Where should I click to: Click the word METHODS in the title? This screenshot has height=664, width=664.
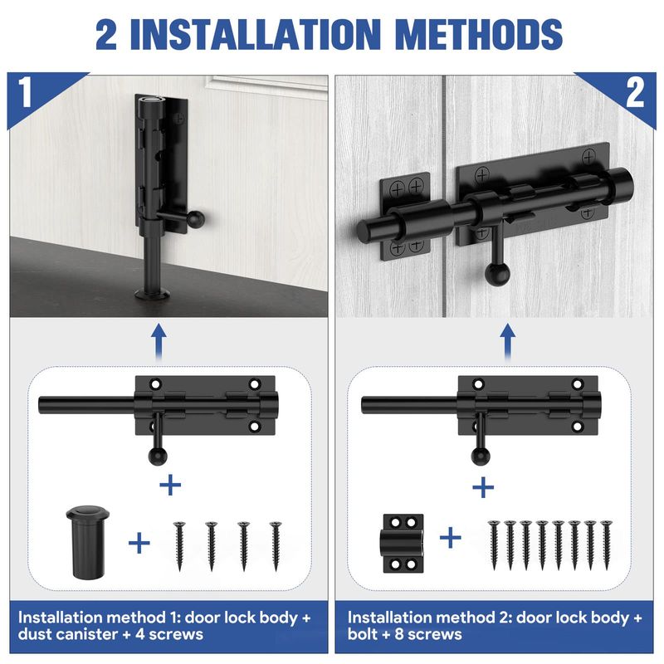[479, 34]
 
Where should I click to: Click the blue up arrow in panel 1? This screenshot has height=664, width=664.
[159, 341]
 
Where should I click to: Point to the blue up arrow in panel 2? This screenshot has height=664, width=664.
[507, 341]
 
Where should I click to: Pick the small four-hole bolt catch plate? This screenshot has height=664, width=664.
[403, 544]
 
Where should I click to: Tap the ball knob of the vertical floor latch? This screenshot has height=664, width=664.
[196, 218]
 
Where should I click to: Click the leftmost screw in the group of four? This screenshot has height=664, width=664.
[179, 546]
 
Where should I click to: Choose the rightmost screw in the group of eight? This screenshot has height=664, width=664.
[606, 544]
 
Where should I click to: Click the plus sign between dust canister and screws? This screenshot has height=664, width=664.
[139, 543]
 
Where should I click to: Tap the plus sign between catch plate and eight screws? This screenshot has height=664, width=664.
[451, 538]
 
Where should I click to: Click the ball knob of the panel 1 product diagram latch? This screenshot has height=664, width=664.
[158, 456]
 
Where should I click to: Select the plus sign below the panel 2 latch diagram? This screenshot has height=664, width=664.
[483, 487]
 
